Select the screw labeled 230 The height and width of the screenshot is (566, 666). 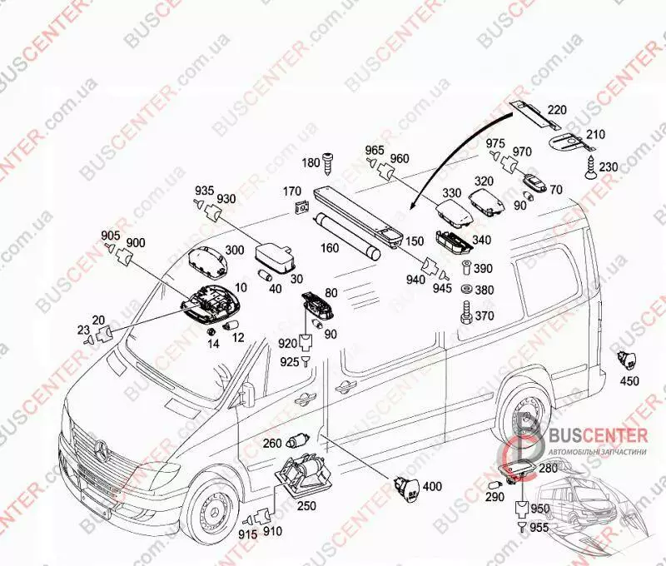tap(590, 171)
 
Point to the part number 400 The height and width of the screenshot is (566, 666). tap(433, 486)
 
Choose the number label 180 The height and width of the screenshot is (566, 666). tap(310, 163)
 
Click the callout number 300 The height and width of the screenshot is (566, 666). tap(235, 250)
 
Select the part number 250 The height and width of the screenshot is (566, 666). tap(307, 506)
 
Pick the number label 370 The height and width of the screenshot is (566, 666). tap(485, 315)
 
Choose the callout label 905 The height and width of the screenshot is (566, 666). tap(112, 235)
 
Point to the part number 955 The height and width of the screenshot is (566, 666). tap(540, 526)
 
